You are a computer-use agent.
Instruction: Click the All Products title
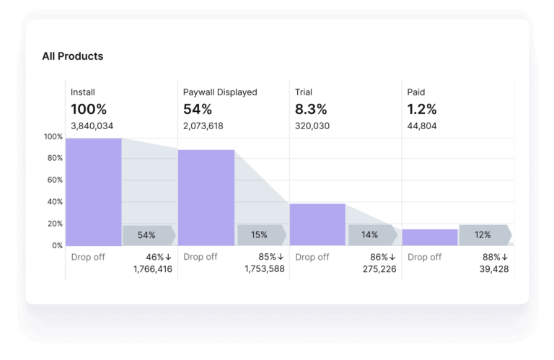pos(72,56)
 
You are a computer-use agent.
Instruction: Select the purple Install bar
pos(93,192)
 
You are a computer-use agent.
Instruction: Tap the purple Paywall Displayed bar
pos(206,198)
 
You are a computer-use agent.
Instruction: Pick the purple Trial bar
pos(317,224)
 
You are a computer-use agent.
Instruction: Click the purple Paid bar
pos(430,237)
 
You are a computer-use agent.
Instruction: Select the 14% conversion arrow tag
pos(371,235)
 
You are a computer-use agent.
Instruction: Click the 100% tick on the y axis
pos(53,137)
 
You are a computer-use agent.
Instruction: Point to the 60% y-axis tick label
pos(55,180)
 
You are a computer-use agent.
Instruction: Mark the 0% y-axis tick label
pos(57,245)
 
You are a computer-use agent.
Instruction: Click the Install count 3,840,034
pos(92,126)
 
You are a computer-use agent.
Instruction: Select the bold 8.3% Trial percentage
pos(311,110)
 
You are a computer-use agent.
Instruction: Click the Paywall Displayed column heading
pos(220,92)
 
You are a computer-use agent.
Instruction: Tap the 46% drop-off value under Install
pos(157,257)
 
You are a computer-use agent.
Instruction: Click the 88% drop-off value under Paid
pos(494,257)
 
